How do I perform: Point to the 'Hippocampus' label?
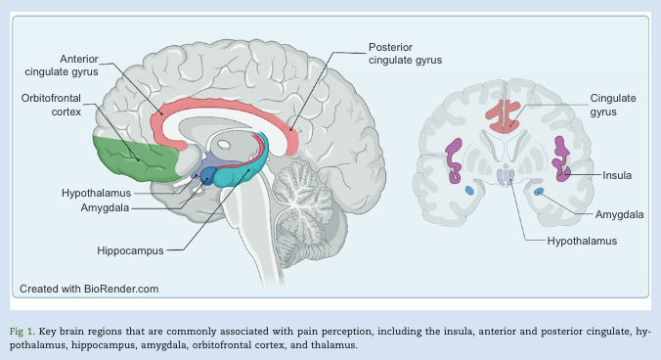(x=130, y=250)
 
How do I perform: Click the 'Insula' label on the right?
(x=616, y=175)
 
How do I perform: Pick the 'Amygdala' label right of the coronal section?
(x=619, y=213)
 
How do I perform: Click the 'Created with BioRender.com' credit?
(x=89, y=289)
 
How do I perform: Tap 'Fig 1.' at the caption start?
(x=24, y=333)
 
